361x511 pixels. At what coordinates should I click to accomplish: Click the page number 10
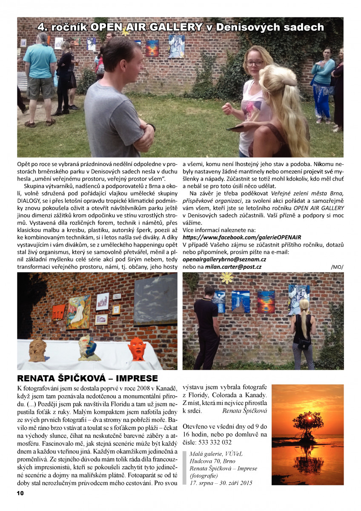point(20,493)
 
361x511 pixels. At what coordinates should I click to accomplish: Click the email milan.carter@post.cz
point(233,267)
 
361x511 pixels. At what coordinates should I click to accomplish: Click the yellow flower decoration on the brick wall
point(227,278)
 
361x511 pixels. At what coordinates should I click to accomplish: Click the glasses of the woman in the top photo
point(255,63)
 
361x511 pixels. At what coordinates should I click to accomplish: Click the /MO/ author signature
point(336,267)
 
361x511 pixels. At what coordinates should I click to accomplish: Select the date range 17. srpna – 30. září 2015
point(221,483)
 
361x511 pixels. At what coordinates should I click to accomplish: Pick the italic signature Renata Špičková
point(244,411)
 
